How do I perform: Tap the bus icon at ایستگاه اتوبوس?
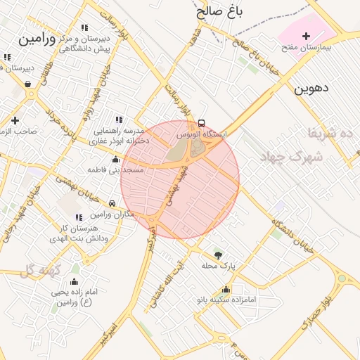click(202, 123)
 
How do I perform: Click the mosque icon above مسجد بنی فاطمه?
click(115, 160)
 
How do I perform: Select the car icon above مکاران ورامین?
click(112, 203)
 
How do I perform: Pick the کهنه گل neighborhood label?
click(37, 271)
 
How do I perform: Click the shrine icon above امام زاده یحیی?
click(75, 281)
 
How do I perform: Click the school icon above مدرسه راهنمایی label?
click(118, 120)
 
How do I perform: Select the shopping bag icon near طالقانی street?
click(28, 84)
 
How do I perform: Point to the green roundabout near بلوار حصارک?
click(342, 278)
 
